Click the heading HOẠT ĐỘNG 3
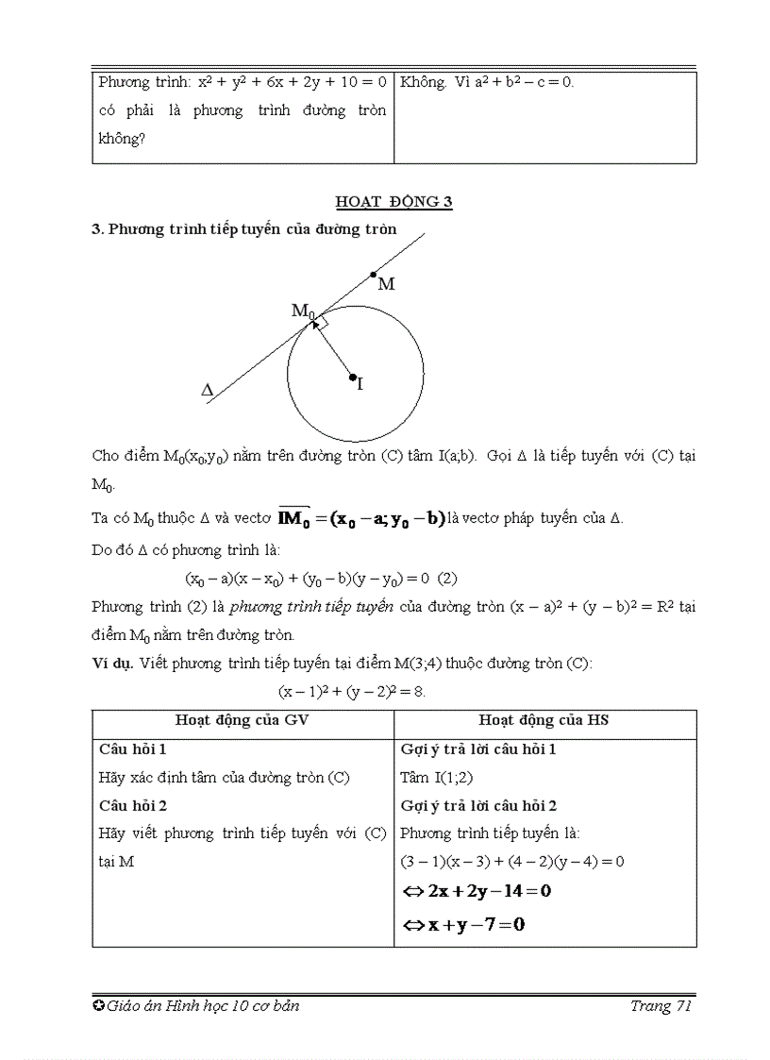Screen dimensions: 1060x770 (x=394, y=201)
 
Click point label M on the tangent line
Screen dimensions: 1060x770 (x=386, y=283)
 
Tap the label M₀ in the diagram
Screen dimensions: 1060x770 (x=302, y=311)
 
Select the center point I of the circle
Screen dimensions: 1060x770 (x=353, y=379)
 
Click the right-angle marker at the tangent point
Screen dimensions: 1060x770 (x=321, y=322)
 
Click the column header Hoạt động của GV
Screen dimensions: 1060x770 (x=243, y=720)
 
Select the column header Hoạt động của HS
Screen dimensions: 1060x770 (x=544, y=720)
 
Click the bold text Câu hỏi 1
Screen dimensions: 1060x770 (x=133, y=749)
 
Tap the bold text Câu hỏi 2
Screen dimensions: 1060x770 (x=133, y=805)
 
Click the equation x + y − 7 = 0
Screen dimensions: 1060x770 (x=463, y=924)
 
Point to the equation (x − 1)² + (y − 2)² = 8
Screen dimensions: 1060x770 (x=352, y=691)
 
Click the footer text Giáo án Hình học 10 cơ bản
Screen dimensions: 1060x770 (x=203, y=1006)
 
